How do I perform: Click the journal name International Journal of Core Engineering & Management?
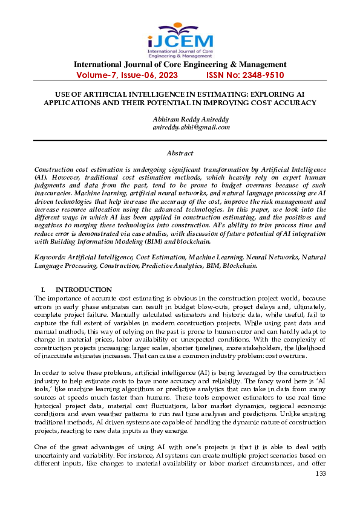180,65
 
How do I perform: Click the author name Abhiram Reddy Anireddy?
191,119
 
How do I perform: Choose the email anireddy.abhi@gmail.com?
191,128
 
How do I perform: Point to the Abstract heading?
180,154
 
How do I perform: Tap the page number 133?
321,473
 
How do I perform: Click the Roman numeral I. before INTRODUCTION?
43,290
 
